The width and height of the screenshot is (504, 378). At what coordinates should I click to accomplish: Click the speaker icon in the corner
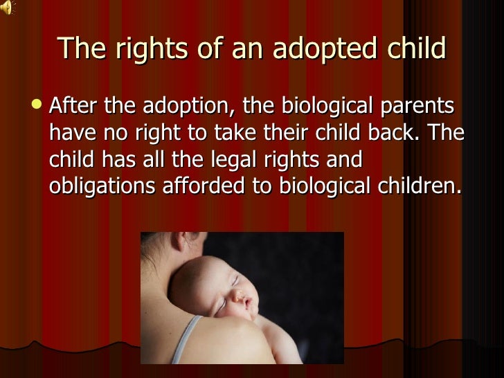[x=7, y=8]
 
